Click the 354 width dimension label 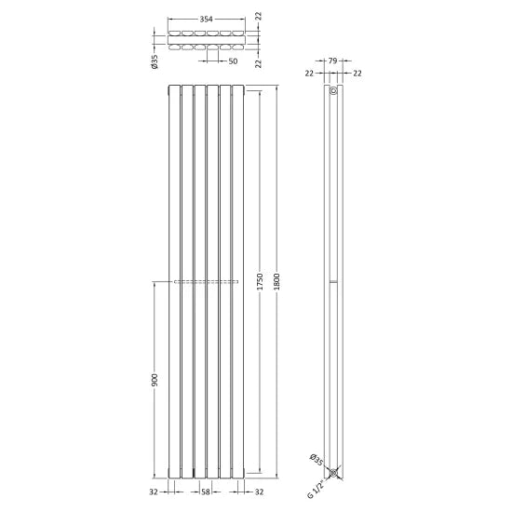206,20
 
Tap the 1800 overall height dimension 276,281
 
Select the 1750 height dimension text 260,281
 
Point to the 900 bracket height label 155,381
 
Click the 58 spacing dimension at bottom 206,492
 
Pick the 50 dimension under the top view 233,61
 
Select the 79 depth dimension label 332,61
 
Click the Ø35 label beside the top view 155,61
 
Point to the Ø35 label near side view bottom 317,460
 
